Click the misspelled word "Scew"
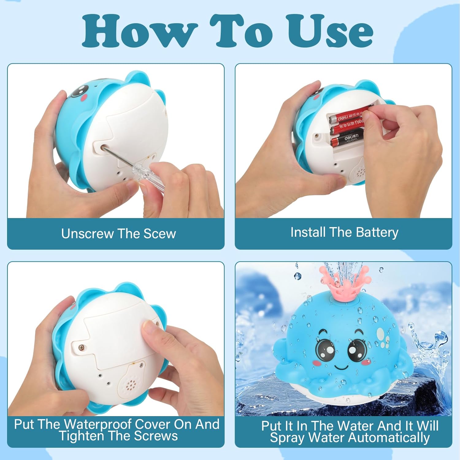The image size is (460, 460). point(160,234)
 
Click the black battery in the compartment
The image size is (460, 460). point(347,139)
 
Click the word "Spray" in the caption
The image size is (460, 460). point(288,438)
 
